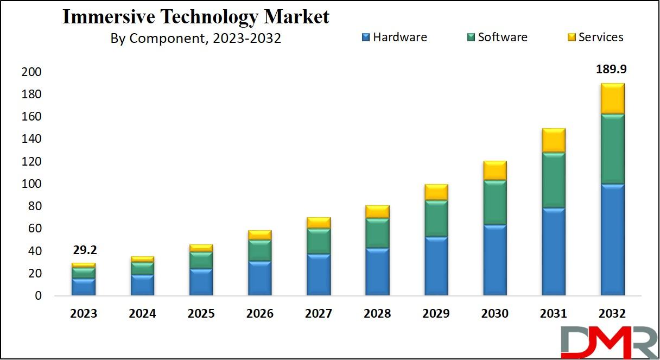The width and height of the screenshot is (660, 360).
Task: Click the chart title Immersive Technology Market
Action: pyautogui.click(x=196, y=17)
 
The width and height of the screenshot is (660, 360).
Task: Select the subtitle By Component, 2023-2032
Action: pyautogui.click(x=196, y=38)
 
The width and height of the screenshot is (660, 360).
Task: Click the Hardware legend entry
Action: pyautogui.click(x=394, y=37)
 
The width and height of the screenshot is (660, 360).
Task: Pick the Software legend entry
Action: pyautogui.click(x=497, y=37)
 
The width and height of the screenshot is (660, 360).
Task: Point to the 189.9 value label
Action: pyautogui.click(x=612, y=70)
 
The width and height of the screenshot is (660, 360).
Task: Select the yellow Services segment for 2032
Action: pyautogui.click(x=612, y=98)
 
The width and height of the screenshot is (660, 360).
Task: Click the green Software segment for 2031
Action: pyautogui.click(x=554, y=180)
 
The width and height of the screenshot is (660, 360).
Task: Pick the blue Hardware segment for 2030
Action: pyautogui.click(x=495, y=260)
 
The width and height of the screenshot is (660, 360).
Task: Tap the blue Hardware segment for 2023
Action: pyautogui.click(x=84, y=287)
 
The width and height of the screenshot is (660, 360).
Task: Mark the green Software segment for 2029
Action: pyautogui.click(x=436, y=218)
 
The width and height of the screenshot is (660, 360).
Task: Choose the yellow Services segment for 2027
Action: pyautogui.click(x=319, y=223)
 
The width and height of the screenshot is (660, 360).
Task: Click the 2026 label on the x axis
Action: pyautogui.click(x=259, y=314)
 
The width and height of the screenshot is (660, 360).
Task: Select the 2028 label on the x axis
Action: pyautogui.click(x=377, y=314)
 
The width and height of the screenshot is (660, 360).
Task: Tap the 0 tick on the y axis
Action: pyautogui.click(x=38, y=296)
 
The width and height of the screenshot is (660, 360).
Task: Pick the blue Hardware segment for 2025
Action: pyautogui.click(x=201, y=282)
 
